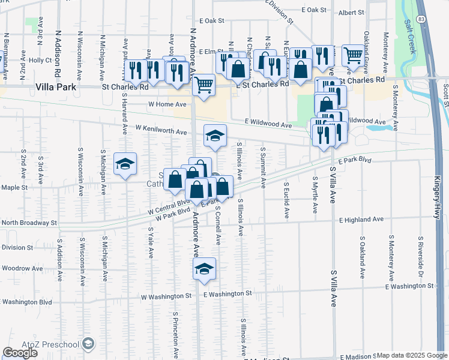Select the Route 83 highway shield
point(421,20)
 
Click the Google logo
point(20,353)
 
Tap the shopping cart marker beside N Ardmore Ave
point(204,86)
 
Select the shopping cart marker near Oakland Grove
point(353,56)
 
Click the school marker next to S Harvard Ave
point(125,164)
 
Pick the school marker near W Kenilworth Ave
point(214,136)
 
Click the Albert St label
point(351,12)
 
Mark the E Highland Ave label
point(360,220)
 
